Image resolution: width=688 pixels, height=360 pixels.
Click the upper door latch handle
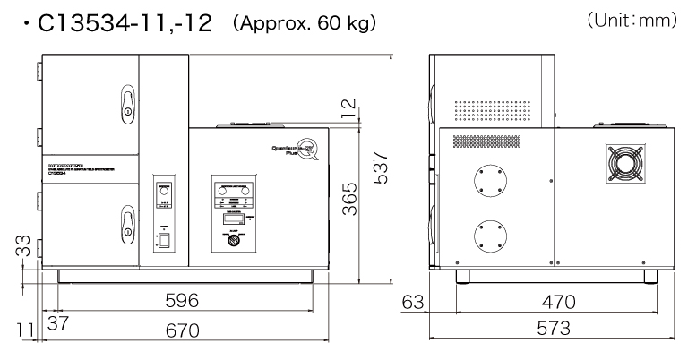point(128,103)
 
